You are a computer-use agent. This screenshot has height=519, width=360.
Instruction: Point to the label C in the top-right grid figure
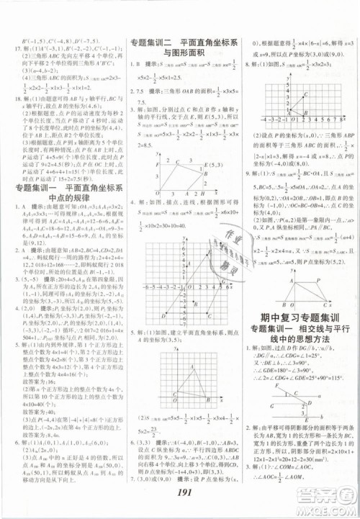307,95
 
